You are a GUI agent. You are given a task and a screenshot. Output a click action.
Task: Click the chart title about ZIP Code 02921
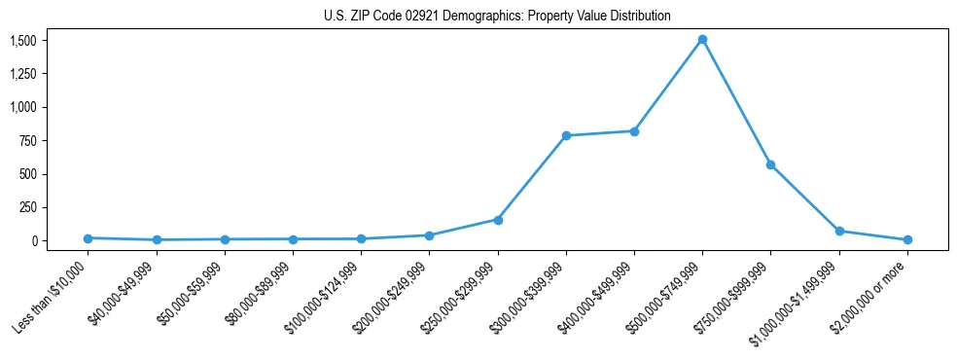coord(497,17)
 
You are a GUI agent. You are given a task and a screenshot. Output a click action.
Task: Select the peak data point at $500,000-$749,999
coord(702,40)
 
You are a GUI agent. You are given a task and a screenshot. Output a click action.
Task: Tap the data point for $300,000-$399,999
coord(566,135)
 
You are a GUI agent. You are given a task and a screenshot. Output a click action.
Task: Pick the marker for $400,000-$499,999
coord(634,131)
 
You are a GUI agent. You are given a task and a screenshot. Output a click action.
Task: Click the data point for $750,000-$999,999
coord(770,164)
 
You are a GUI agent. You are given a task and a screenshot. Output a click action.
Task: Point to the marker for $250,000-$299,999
coord(498,220)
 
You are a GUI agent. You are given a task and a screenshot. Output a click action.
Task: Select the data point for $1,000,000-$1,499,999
coord(839,232)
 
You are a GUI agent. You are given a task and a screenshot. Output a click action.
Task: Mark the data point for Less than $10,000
coord(88,238)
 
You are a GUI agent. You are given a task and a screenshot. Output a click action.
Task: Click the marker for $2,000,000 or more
coord(907,239)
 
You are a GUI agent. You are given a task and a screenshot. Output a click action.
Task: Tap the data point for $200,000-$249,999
coord(429,235)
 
